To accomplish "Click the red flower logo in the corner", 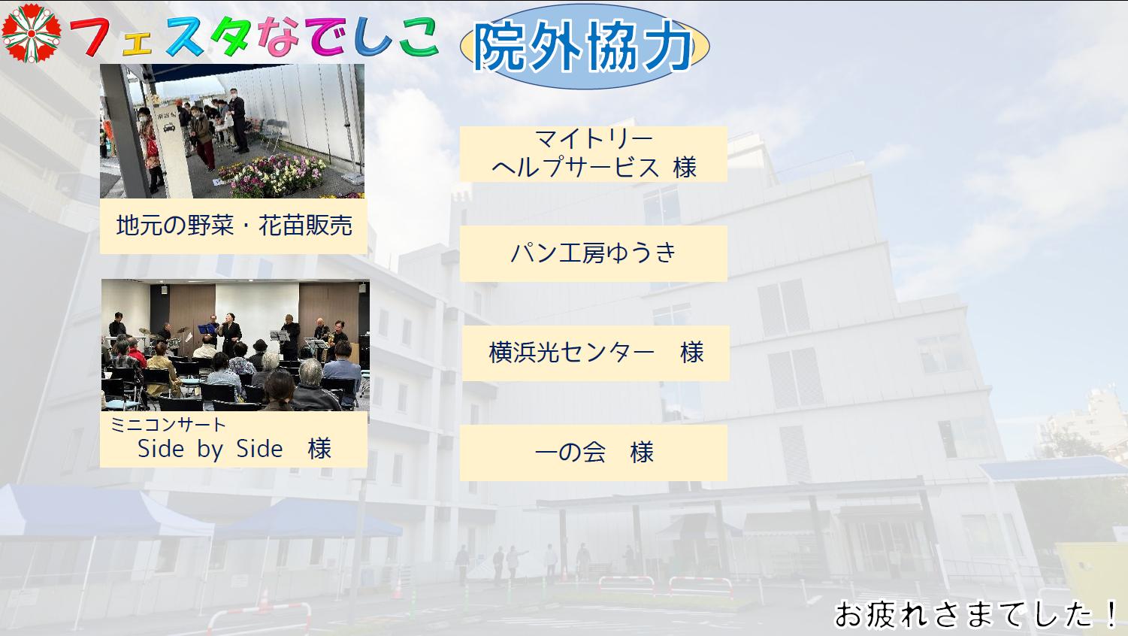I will point(31,32).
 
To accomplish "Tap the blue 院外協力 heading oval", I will point(584,47).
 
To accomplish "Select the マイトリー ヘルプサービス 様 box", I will point(593,153).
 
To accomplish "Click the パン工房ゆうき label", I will point(593,253).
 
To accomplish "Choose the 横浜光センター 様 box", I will point(595,353).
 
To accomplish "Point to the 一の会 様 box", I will point(593,453).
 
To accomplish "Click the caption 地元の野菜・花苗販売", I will point(234,226).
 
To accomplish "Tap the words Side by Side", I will point(210,449).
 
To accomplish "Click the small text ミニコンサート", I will point(167,425).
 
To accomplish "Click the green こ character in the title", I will point(418,38).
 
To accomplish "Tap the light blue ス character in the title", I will point(185,38).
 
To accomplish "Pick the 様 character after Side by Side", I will point(319,449).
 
